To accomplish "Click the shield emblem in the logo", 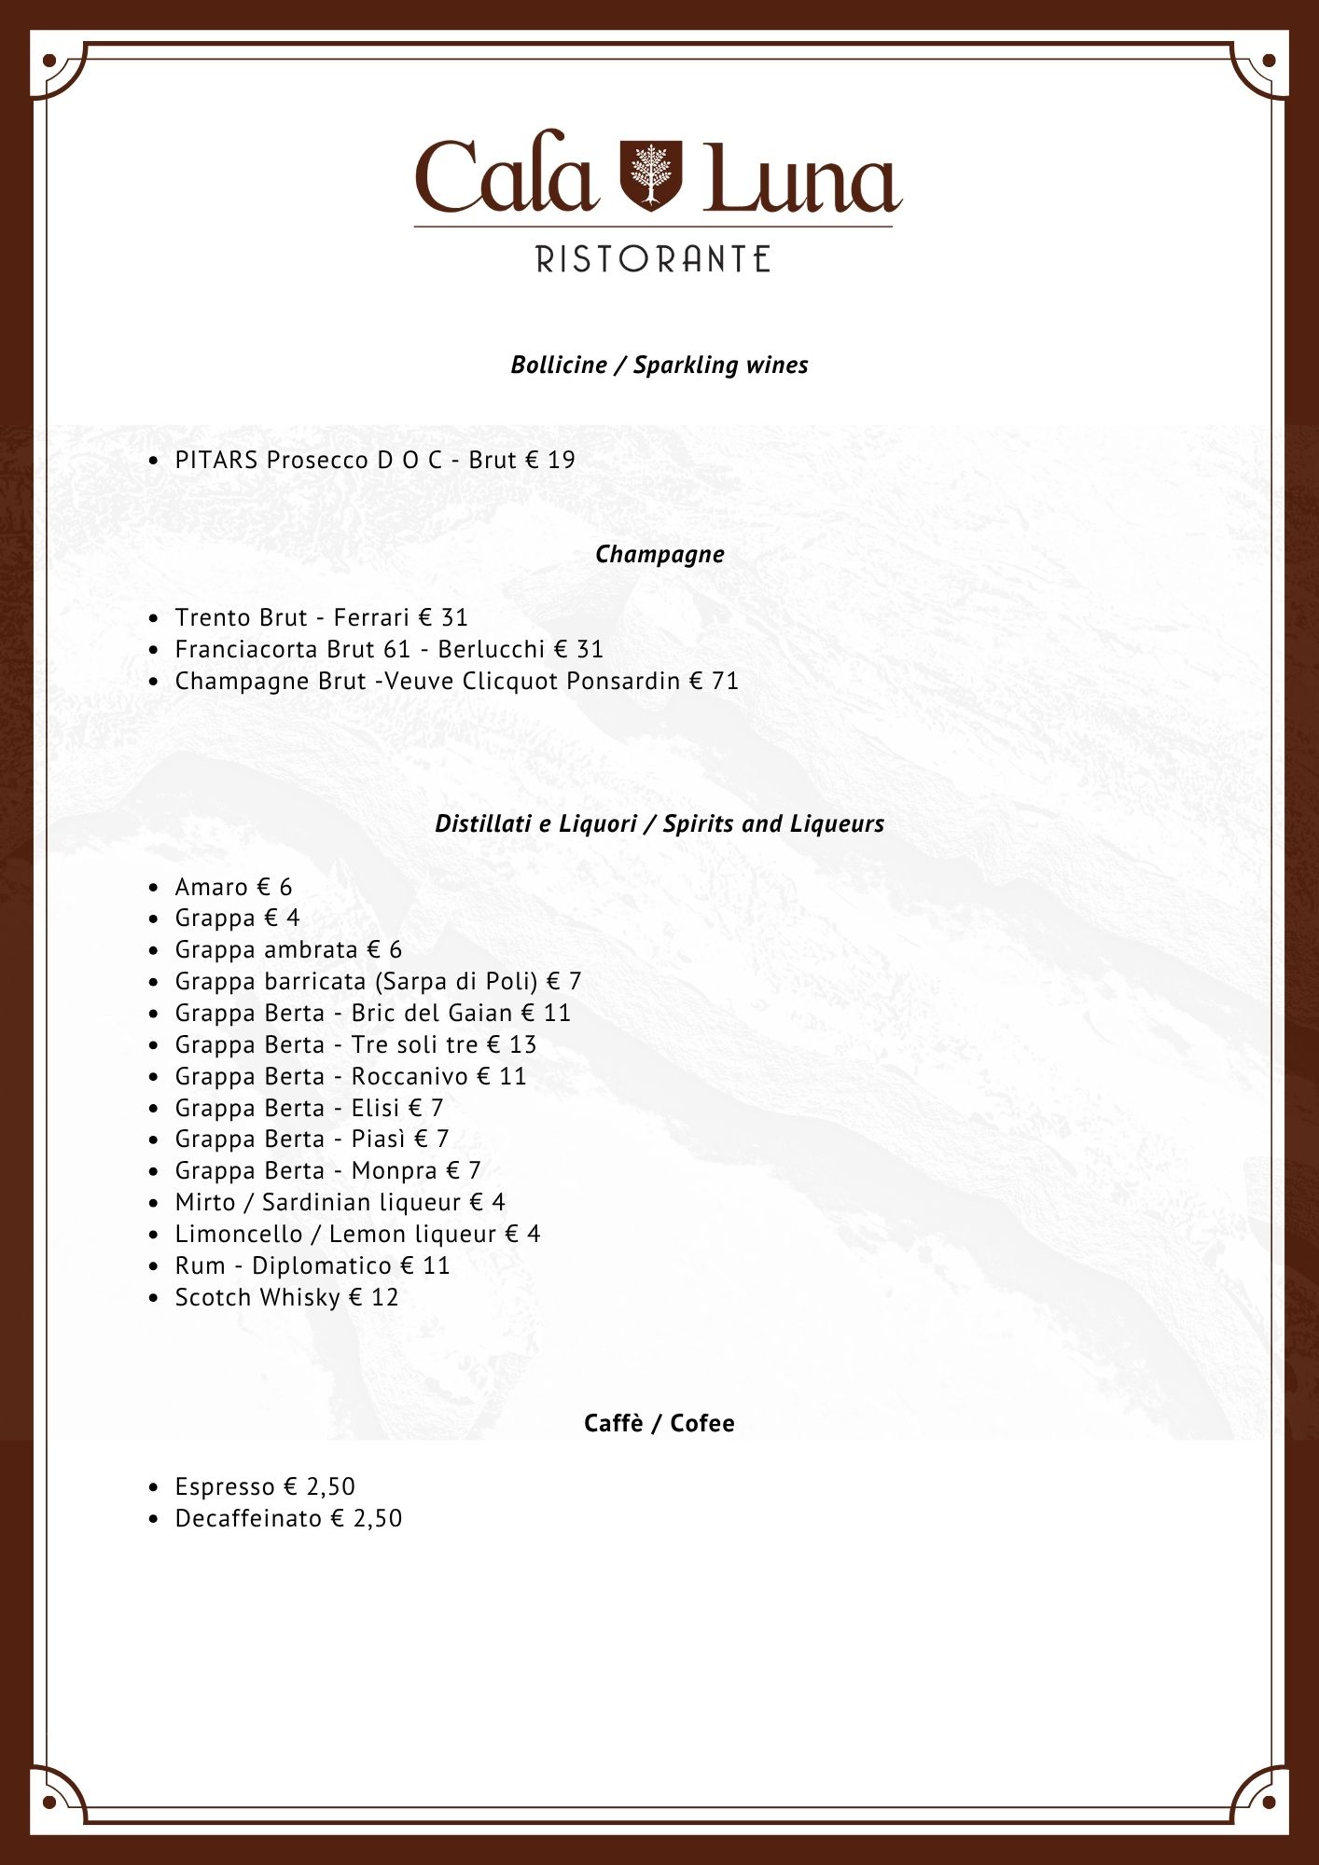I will (651, 175).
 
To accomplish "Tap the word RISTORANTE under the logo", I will (653, 259).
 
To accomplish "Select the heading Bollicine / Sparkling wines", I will (659, 365).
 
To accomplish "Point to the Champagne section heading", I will (659, 554).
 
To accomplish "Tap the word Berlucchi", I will (491, 649).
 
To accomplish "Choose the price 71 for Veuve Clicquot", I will (725, 681).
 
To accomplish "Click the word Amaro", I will (211, 887).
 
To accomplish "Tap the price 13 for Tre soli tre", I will (522, 1044).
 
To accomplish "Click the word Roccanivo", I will (410, 1076).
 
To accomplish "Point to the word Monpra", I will (394, 1170).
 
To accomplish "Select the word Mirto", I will (205, 1202).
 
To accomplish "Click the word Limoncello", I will (239, 1234).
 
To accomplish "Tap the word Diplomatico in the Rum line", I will (322, 1265).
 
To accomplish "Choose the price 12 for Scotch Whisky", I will (384, 1297).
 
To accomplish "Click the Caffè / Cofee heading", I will (659, 1423).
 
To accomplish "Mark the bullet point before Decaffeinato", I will (154, 1519).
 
